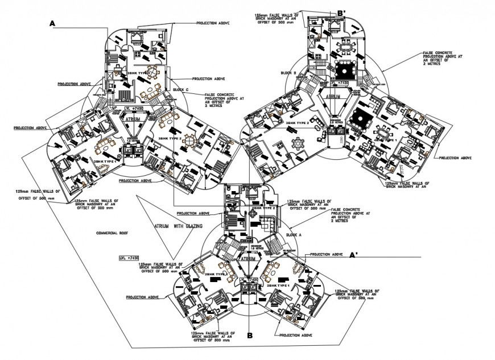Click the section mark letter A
click(52, 23)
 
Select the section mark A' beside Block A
click(353, 255)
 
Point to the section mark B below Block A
click(249, 336)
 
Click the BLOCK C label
click(181, 90)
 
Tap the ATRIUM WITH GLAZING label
click(178, 226)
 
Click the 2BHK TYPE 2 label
click(263, 208)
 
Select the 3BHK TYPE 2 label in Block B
click(297, 123)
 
